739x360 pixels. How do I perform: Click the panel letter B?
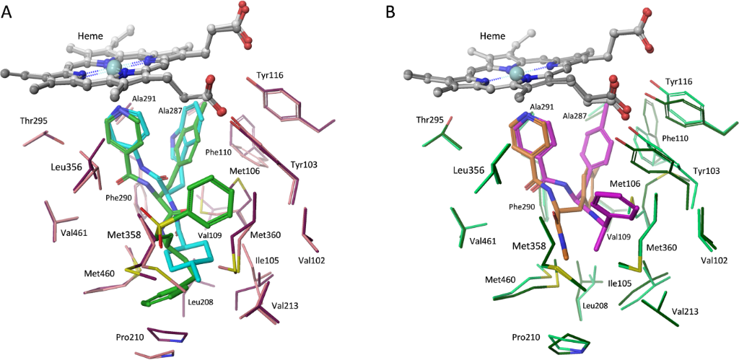point(391,12)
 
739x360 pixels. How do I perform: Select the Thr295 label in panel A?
point(35,120)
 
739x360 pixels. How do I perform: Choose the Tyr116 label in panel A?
point(271,76)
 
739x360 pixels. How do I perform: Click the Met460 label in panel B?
point(502,279)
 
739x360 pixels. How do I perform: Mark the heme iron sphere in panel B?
point(516,74)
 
